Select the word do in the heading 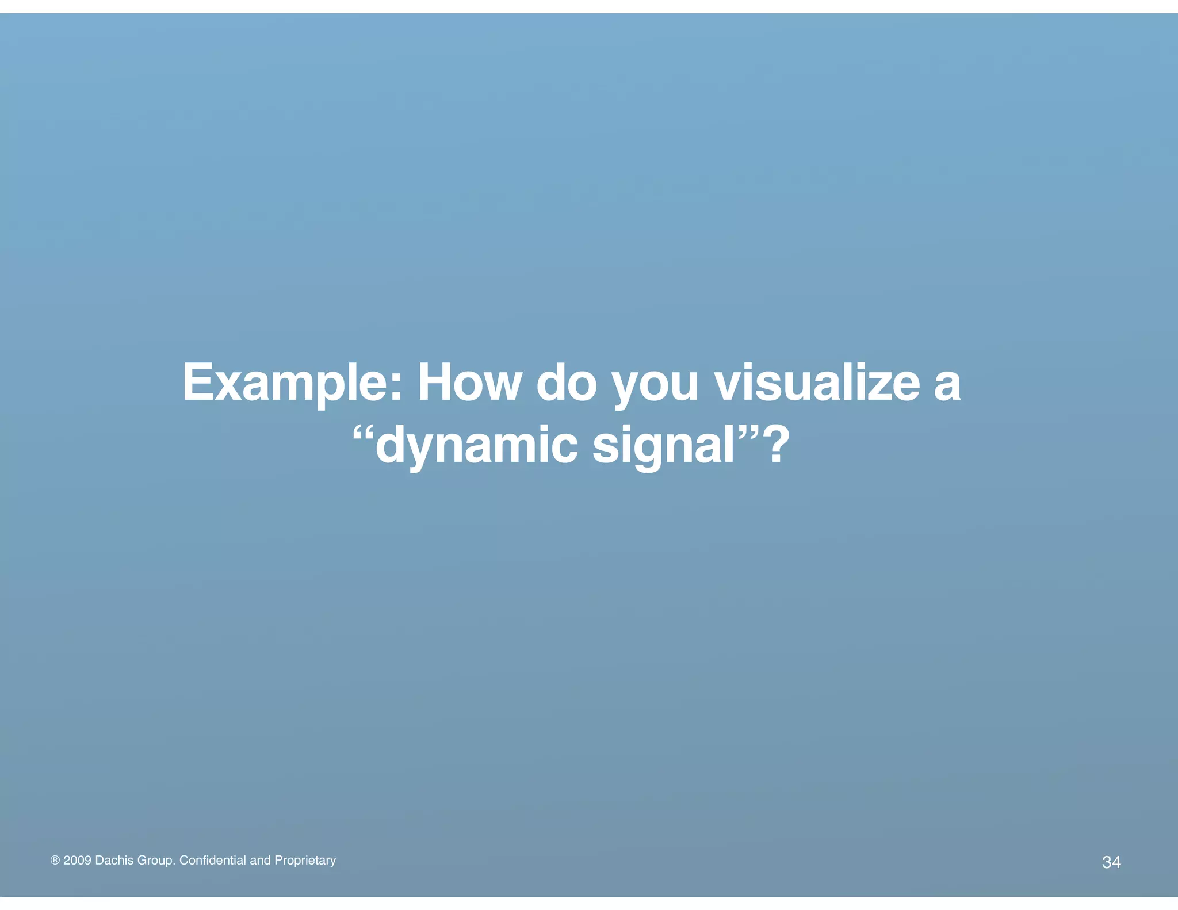(567, 383)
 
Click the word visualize (817, 383)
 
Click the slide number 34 (1111, 862)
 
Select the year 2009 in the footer (77, 860)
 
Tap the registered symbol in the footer (55, 861)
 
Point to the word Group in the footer (156, 861)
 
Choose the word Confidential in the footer (212, 860)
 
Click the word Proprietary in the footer (305, 861)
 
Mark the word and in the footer (260, 860)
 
